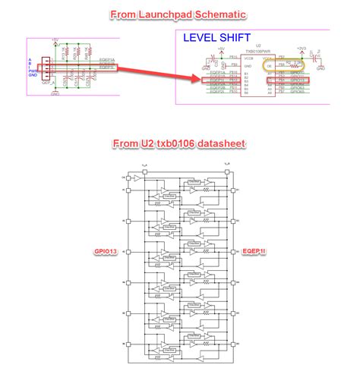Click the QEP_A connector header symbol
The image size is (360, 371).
pyautogui.click(x=46, y=68)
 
